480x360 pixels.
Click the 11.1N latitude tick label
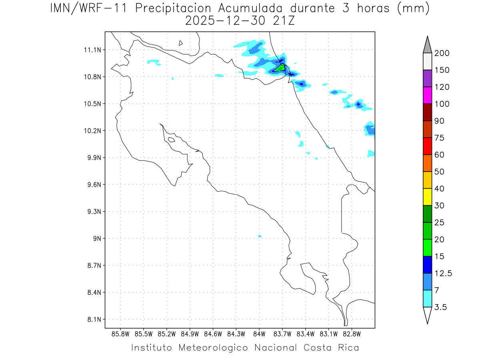[92, 50]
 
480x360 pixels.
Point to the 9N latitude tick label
[96, 238]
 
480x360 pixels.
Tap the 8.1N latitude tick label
[92, 320]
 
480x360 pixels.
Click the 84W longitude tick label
[259, 334]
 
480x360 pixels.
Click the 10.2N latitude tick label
[92, 131]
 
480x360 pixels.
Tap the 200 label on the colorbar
[442, 53]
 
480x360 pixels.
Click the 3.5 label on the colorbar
[441, 307]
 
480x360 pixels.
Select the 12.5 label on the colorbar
[443, 273]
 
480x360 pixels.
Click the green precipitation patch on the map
[280, 68]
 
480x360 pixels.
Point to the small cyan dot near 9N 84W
[260, 236]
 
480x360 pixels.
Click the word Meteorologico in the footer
[214, 348]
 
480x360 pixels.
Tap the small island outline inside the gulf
[171, 140]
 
